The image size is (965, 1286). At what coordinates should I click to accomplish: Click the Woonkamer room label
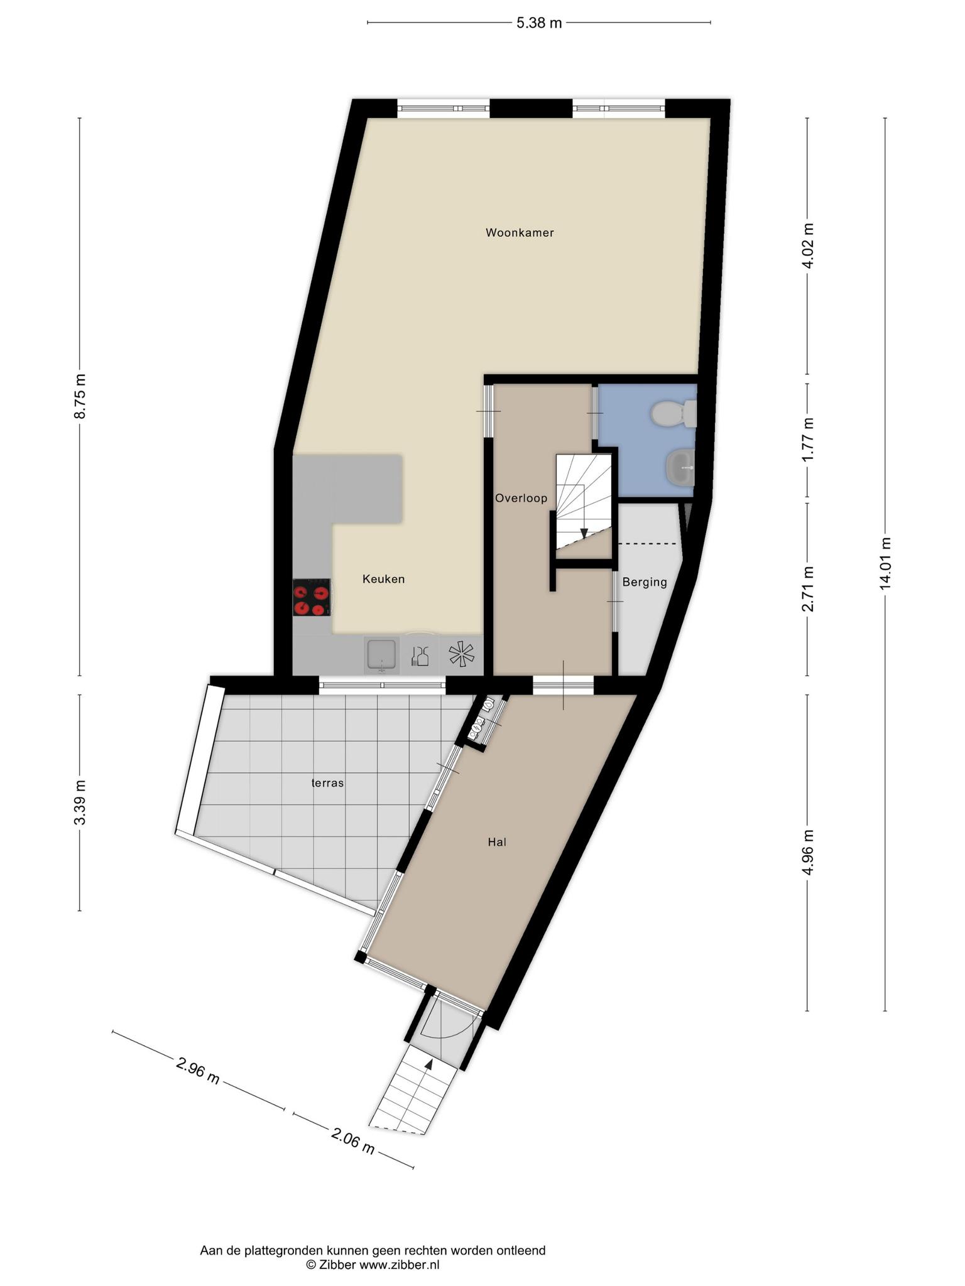[520, 233]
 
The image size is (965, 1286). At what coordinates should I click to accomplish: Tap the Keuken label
[383, 579]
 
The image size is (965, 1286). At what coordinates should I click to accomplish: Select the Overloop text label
[521, 499]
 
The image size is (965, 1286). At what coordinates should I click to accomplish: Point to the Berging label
[645, 583]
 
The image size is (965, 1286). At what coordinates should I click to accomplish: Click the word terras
[328, 783]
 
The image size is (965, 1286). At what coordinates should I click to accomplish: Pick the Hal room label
[497, 842]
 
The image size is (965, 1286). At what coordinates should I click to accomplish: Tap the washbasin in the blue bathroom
[680, 468]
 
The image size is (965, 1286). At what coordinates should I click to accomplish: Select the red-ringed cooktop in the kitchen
[312, 597]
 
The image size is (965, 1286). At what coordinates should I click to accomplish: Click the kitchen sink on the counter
[382, 655]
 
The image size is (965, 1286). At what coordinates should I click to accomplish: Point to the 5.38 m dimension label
[539, 23]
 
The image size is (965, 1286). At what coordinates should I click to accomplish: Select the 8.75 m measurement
[80, 396]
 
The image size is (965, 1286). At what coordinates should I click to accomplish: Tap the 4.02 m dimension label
[808, 246]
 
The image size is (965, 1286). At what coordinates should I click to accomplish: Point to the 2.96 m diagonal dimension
[198, 1071]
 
